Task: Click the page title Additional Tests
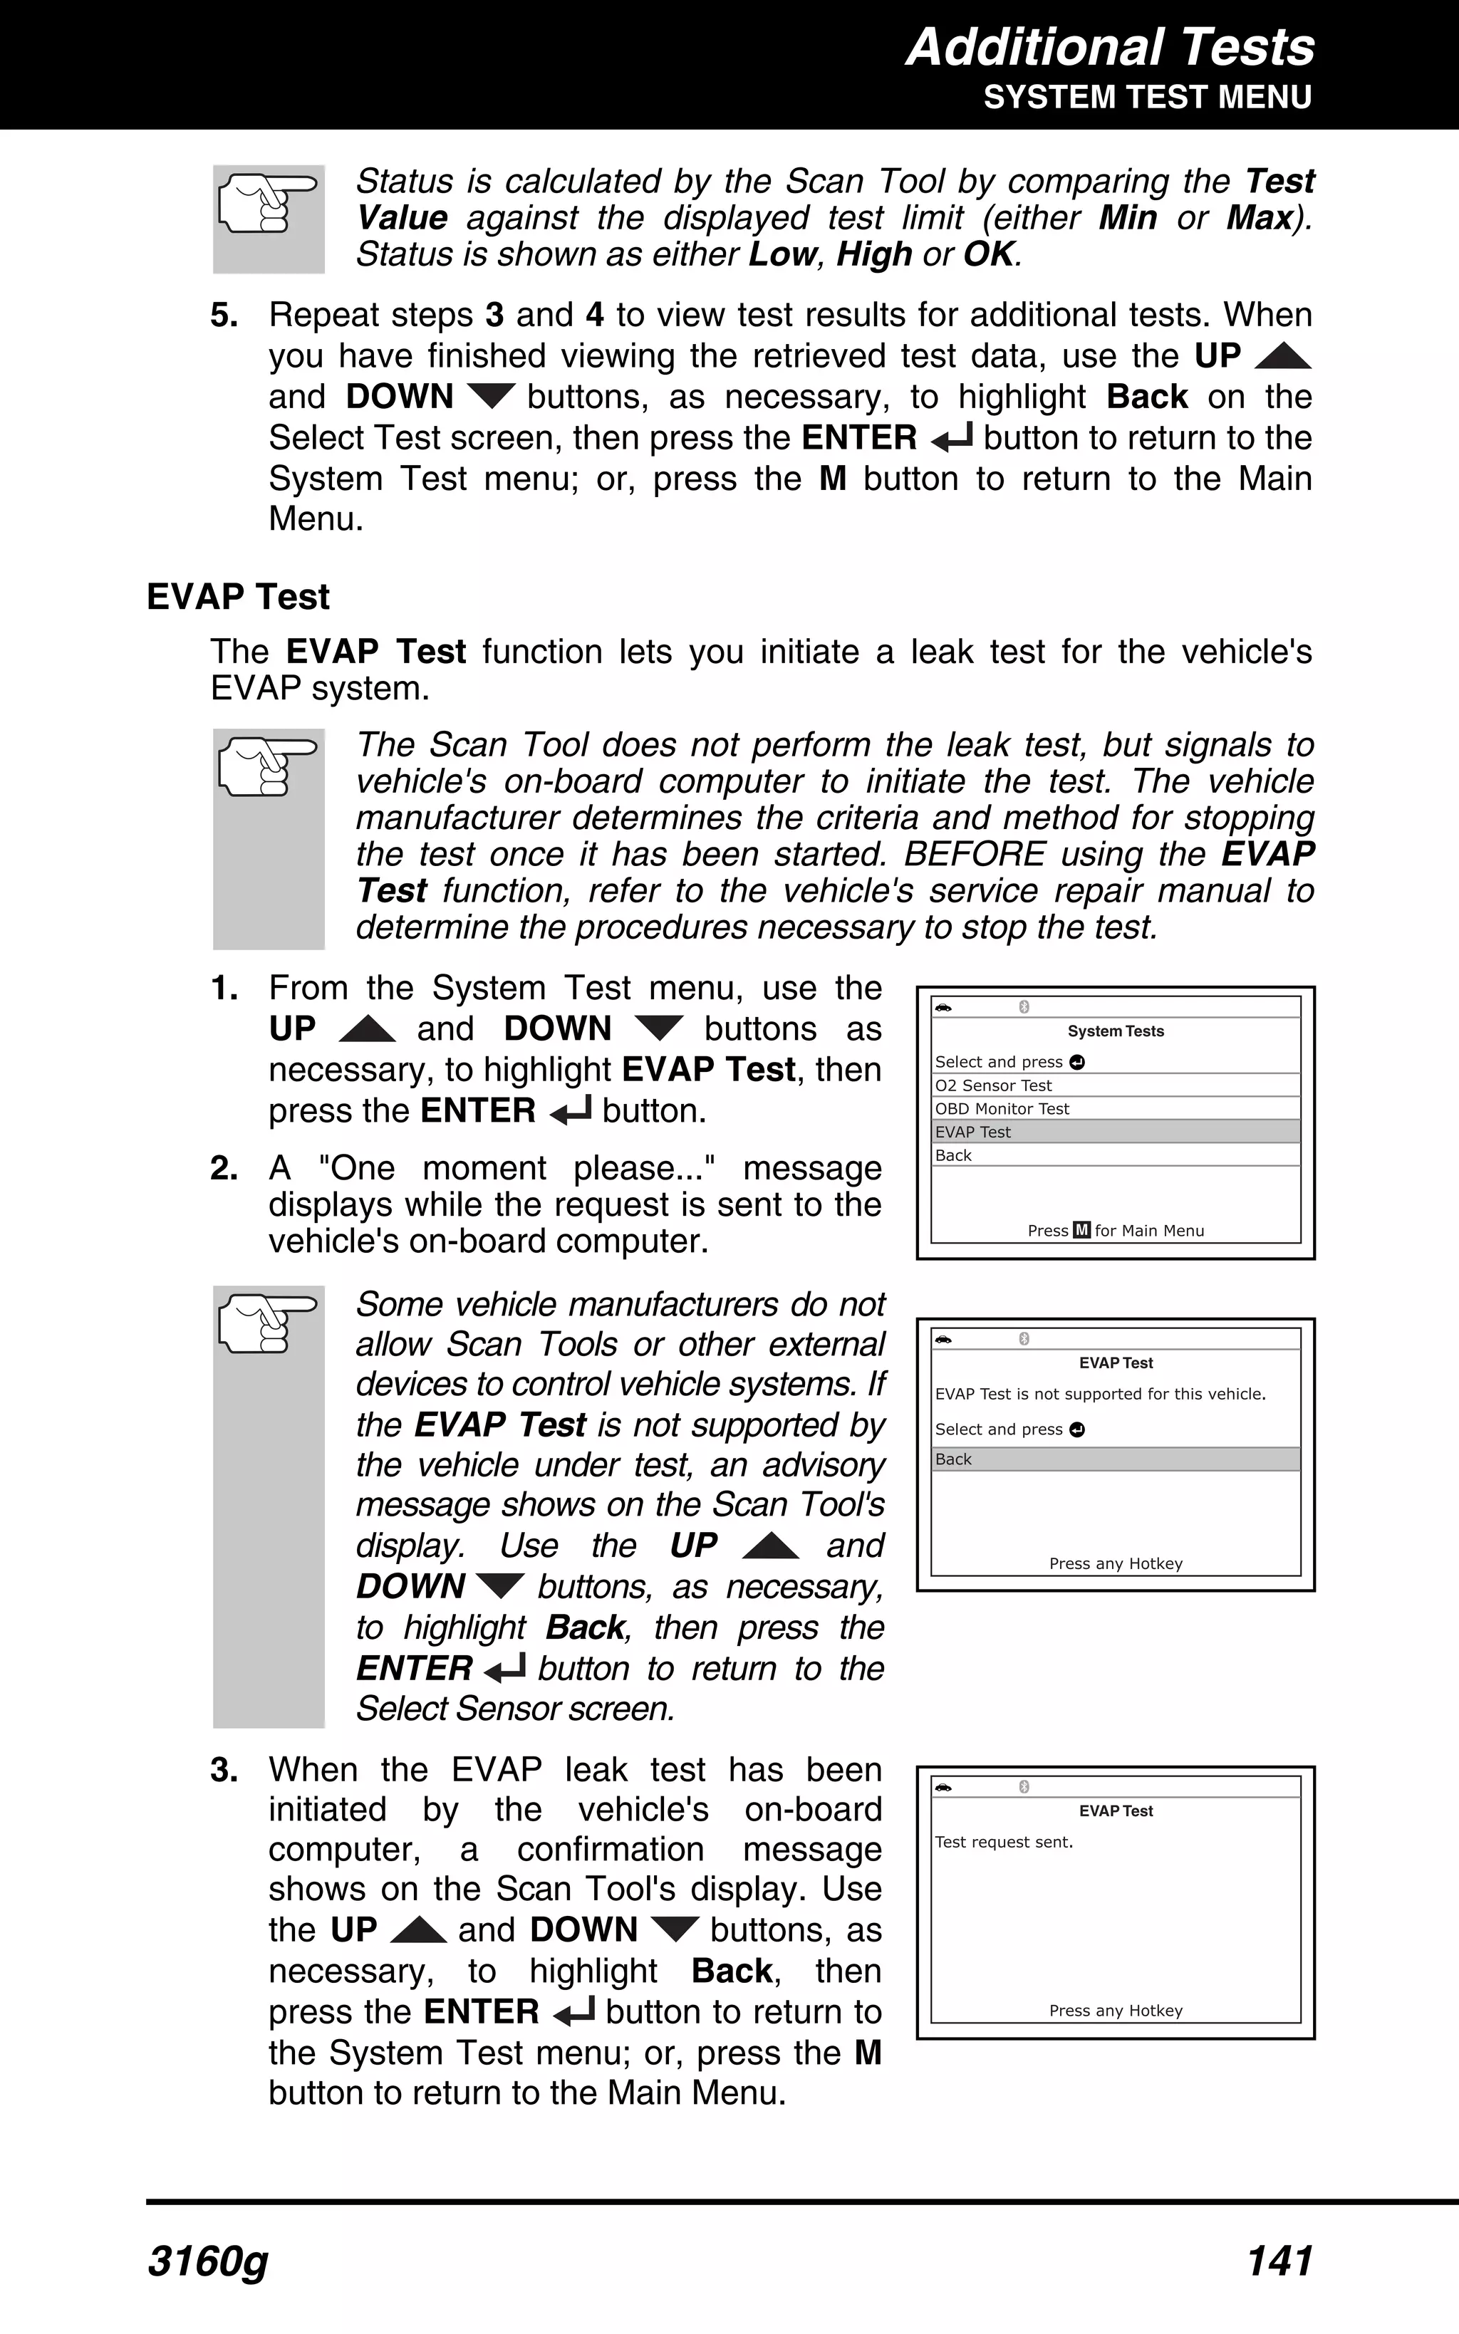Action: pyautogui.click(x=1110, y=46)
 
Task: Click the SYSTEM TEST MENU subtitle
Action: pyautogui.click(x=1146, y=98)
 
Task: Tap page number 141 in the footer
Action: pyautogui.click(x=1279, y=2261)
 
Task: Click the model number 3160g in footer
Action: pyautogui.click(x=207, y=2261)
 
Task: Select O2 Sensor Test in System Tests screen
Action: pyautogui.click(x=993, y=1085)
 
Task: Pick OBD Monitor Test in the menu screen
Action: pyautogui.click(x=1002, y=1108)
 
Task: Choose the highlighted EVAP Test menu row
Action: pyautogui.click(x=972, y=1131)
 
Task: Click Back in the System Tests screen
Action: pyautogui.click(x=953, y=1155)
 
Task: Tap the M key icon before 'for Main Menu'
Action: pyautogui.click(x=1081, y=1230)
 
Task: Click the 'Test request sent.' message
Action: pyautogui.click(x=1004, y=1841)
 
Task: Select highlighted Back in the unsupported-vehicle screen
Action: pyautogui.click(x=953, y=1458)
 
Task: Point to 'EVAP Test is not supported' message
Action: pyautogui.click(x=1100, y=1394)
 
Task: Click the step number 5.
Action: pyautogui.click(x=224, y=316)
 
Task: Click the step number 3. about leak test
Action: pyautogui.click(x=224, y=1771)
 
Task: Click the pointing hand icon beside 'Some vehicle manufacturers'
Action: pyautogui.click(x=267, y=1323)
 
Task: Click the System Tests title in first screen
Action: pyautogui.click(x=1116, y=1031)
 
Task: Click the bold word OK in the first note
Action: pyautogui.click(x=988, y=254)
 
